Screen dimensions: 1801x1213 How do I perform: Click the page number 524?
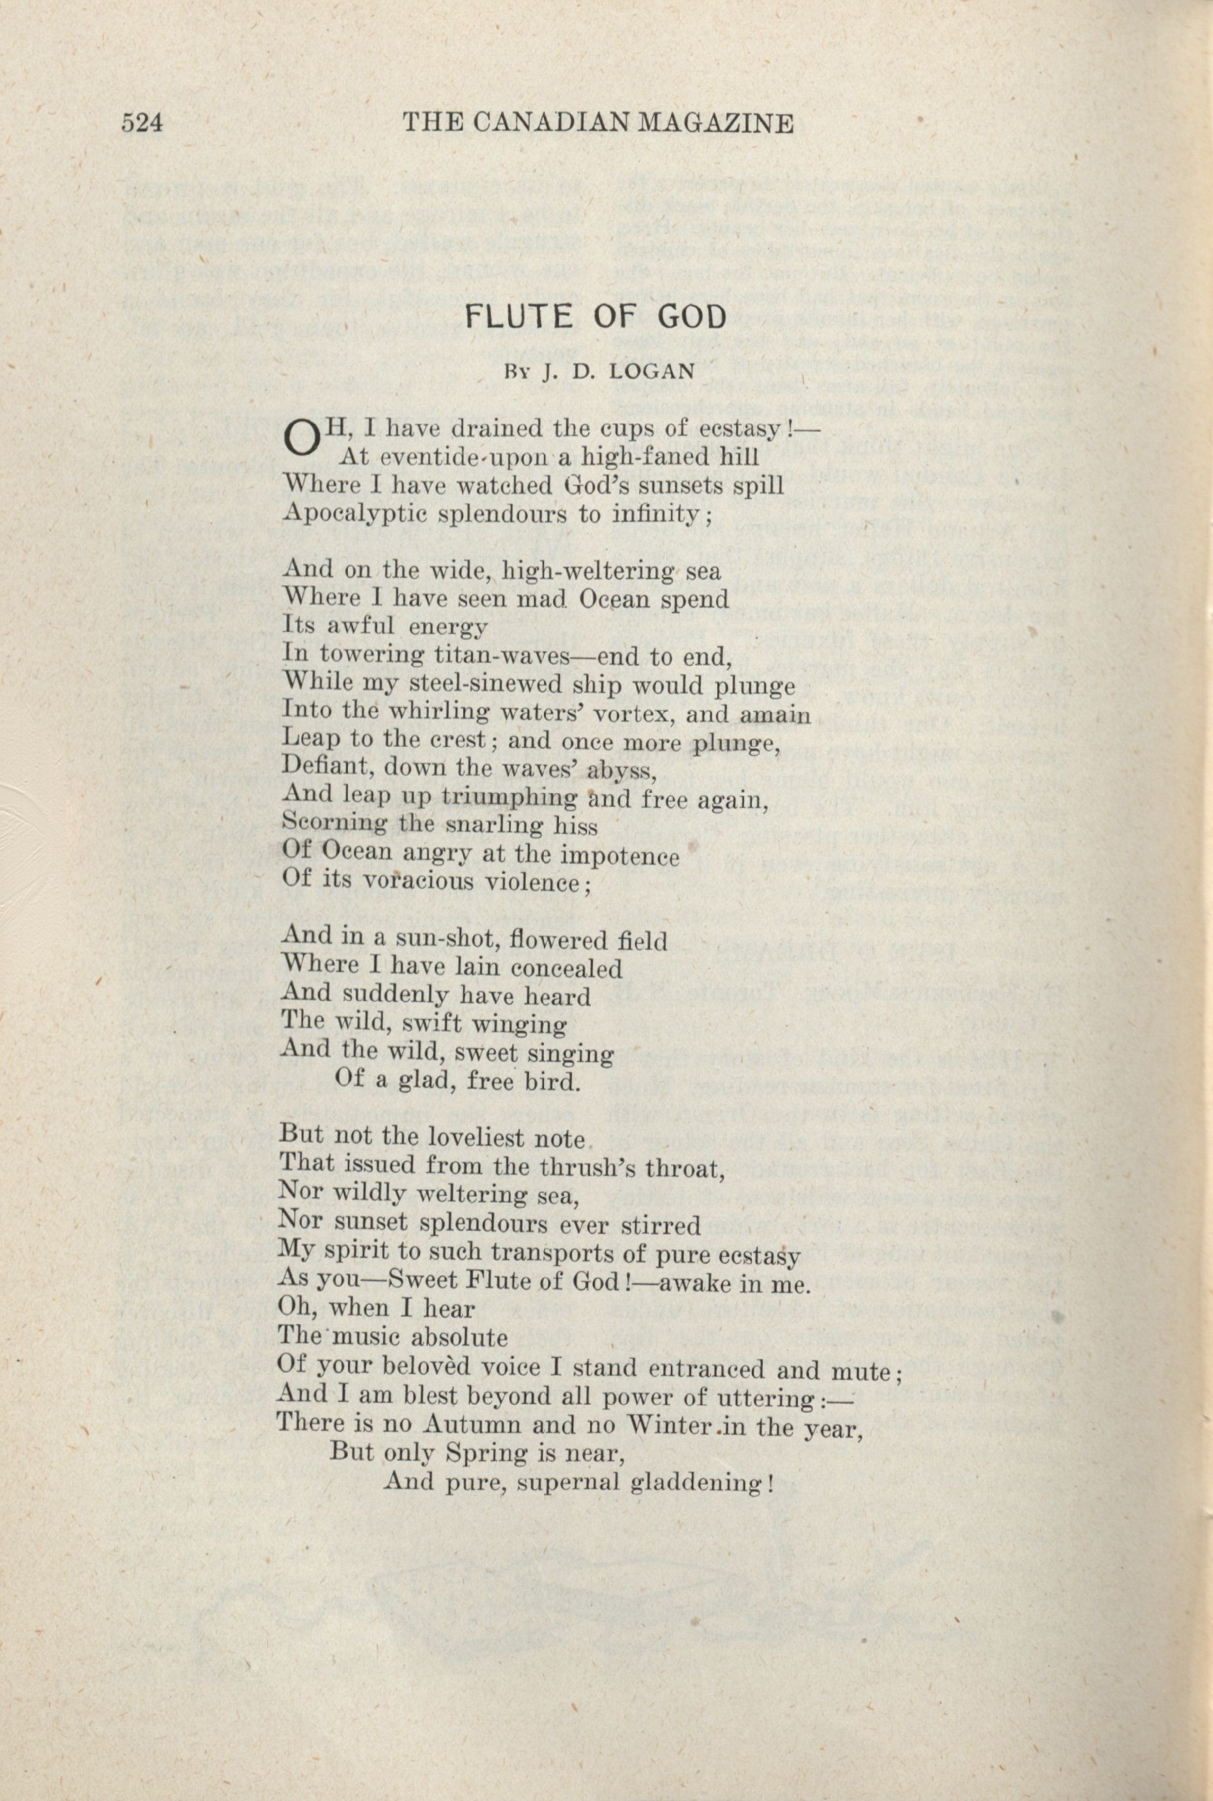click(x=141, y=123)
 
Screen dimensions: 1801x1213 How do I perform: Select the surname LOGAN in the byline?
click(x=651, y=371)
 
